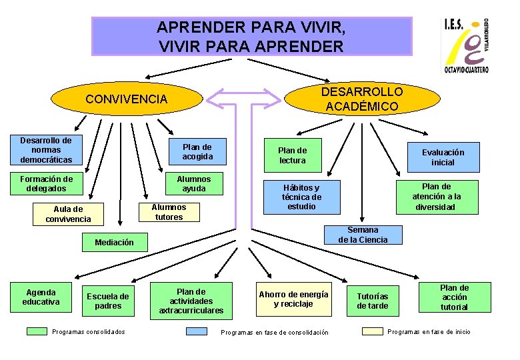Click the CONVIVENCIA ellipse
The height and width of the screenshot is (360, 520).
[x=127, y=99]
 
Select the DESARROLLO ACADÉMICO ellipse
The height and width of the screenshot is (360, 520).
[x=362, y=99]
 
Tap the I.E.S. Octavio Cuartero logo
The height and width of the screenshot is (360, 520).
[x=466, y=45]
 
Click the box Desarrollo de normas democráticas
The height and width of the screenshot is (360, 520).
[x=46, y=150]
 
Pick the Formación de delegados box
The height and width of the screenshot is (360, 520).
[x=46, y=183]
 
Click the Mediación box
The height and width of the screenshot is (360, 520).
[x=114, y=243]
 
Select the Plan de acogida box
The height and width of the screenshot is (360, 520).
[x=197, y=152]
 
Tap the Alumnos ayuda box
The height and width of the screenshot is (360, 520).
[x=194, y=183]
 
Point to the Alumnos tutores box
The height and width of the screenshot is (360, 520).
[x=169, y=212]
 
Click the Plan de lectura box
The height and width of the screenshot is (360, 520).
[x=292, y=155]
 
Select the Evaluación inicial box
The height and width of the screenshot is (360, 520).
[x=443, y=157]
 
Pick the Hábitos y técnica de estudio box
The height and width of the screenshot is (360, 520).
[x=302, y=197]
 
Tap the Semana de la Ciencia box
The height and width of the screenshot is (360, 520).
[x=363, y=235]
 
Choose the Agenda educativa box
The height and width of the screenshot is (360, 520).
[x=41, y=297]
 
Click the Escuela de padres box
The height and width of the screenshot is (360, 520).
[x=108, y=301]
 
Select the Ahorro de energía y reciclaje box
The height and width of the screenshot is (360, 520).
[x=293, y=299]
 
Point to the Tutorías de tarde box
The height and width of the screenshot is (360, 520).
[x=373, y=301]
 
